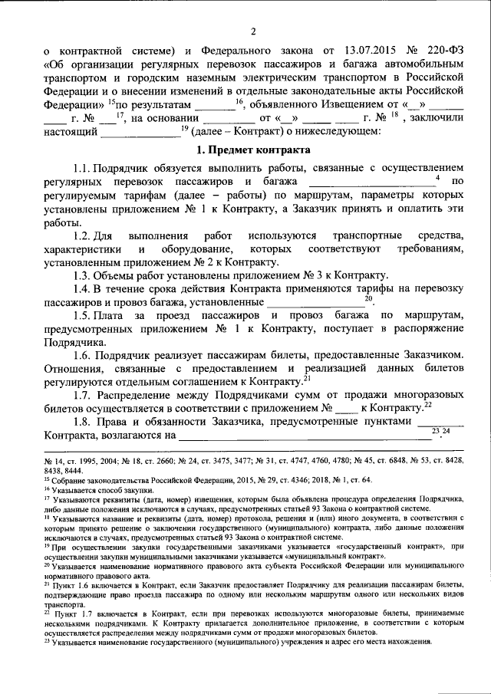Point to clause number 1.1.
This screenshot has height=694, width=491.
[x=84, y=168]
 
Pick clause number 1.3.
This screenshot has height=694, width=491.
[x=84, y=275]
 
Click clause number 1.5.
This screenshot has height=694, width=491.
[x=84, y=315]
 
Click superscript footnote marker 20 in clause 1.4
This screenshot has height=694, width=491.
[x=369, y=298]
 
